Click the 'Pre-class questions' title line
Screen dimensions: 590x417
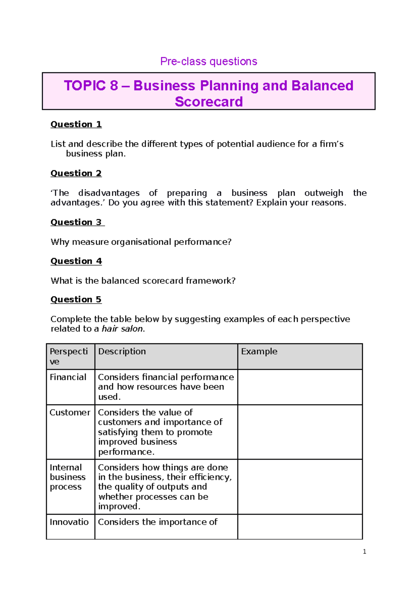click(208, 62)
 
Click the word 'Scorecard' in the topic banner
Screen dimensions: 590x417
click(208, 102)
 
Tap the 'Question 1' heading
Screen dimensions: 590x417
click(76, 124)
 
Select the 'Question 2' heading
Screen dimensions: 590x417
click(76, 173)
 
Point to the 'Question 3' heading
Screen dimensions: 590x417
click(77, 222)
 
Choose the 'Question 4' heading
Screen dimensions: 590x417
click(76, 261)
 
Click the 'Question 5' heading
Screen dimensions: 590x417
click(76, 300)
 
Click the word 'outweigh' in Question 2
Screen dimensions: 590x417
click(324, 193)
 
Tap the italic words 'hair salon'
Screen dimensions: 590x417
click(122, 329)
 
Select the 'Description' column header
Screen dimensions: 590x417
click(122, 352)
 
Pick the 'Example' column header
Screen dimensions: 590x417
click(259, 352)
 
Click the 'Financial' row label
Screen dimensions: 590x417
click(68, 377)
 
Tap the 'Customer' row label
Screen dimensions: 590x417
click(70, 413)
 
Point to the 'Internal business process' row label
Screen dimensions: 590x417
click(67, 477)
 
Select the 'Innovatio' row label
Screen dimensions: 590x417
click(69, 522)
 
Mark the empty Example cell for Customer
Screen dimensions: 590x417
click(300, 432)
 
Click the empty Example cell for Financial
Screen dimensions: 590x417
click(300, 387)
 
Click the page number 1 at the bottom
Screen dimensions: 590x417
click(364, 552)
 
